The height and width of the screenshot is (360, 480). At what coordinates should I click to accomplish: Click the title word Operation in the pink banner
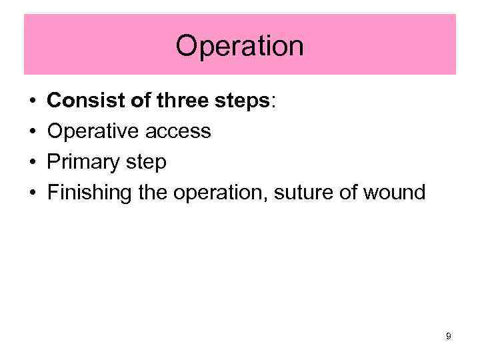(x=239, y=46)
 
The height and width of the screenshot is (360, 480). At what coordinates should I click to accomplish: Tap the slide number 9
(x=449, y=337)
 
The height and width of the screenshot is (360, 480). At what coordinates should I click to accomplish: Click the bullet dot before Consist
(x=32, y=101)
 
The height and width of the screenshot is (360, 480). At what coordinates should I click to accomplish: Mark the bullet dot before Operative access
(x=32, y=132)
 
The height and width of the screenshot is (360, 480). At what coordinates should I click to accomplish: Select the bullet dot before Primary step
(x=32, y=163)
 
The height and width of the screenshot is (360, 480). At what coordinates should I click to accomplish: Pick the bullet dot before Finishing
(x=32, y=194)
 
